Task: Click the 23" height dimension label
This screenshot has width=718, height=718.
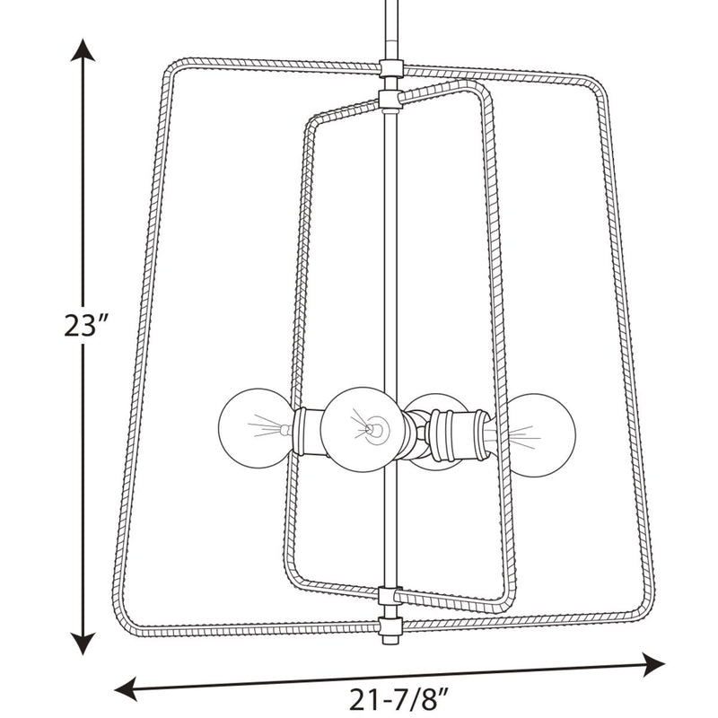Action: (x=85, y=326)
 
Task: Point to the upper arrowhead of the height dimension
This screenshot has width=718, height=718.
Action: (x=83, y=49)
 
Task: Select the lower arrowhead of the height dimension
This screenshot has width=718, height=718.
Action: (x=83, y=643)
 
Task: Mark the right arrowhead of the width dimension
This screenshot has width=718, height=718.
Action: (x=653, y=664)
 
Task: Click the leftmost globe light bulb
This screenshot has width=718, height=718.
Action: (x=256, y=428)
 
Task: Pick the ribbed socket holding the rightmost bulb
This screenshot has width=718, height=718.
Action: (x=460, y=434)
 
